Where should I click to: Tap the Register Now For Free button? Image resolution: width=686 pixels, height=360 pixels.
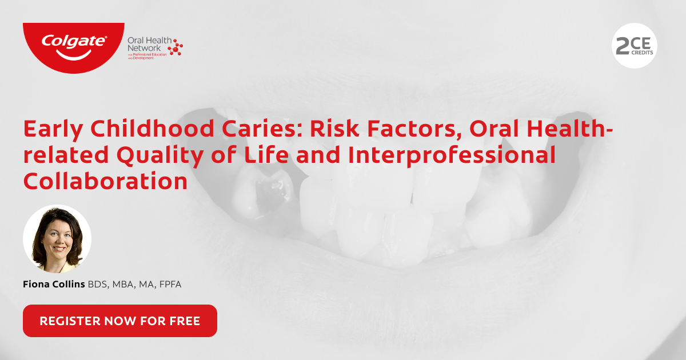(120, 321)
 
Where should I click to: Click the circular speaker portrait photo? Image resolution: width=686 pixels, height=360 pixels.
(57, 239)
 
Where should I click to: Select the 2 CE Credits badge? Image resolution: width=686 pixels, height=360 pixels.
(635, 46)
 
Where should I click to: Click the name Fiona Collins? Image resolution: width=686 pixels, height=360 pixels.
(54, 284)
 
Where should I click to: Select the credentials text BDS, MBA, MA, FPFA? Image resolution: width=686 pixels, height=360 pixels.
(134, 284)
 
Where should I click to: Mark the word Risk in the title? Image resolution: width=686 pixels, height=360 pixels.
(333, 129)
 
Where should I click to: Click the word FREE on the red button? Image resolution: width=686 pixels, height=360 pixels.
(185, 321)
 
